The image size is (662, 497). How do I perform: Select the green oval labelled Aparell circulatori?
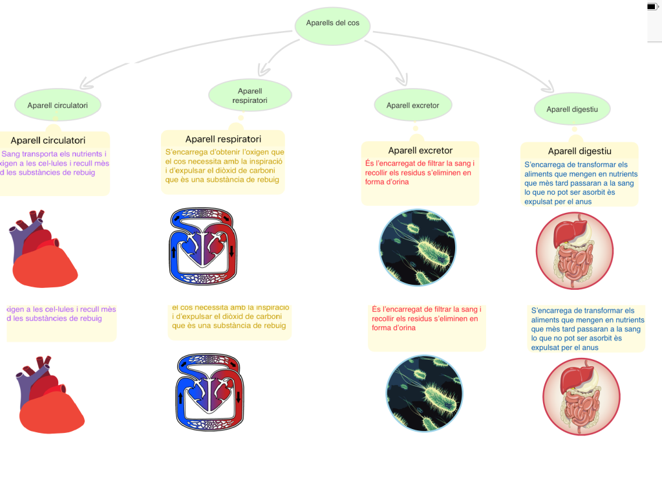click(x=58, y=105)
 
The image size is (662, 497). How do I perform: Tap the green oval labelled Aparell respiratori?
click(x=250, y=96)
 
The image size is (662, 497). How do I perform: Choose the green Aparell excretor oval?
click(x=412, y=105)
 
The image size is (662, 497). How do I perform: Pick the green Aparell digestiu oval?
click(x=571, y=109)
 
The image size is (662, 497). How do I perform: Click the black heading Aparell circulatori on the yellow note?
click(x=48, y=140)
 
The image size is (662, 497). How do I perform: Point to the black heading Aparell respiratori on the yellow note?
click(x=223, y=139)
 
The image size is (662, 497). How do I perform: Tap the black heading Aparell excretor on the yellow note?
click(x=420, y=151)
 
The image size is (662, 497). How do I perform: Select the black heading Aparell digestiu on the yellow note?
click(x=579, y=151)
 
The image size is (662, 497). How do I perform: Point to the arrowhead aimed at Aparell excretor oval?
click(x=402, y=81)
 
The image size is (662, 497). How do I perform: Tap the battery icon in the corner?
click(x=654, y=7)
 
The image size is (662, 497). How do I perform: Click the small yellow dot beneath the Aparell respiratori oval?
click(x=240, y=118)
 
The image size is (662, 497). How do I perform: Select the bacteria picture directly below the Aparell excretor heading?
click(x=418, y=248)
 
